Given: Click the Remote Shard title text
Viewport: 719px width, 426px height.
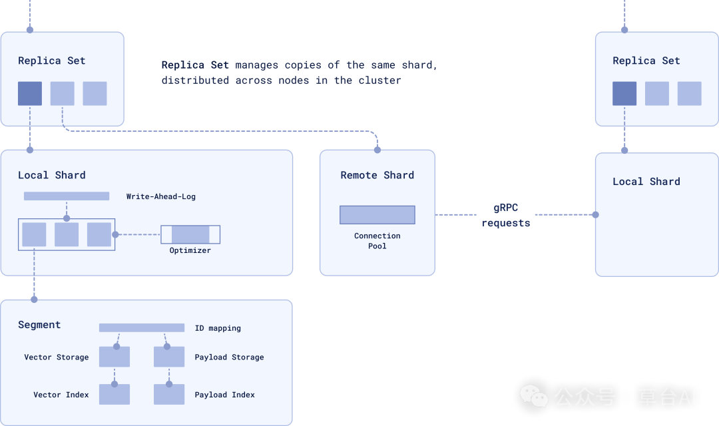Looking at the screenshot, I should click(x=377, y=175).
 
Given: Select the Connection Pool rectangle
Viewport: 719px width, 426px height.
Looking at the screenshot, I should click(x=377, y=214).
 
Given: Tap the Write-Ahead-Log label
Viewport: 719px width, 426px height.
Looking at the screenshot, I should click(x=161, y=196).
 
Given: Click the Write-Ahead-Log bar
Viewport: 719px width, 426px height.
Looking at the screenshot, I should click(x=67, y=196).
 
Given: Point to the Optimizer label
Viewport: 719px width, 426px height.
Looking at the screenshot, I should click(x=190, y=250).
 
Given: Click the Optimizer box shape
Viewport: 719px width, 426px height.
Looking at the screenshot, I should click(x=190, y=234).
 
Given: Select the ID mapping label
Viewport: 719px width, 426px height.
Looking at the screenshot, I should click(x=218, y=328).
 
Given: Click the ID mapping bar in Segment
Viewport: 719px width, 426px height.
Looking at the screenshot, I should click(x=142, y=327).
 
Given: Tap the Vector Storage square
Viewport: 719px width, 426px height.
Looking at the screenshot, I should click(x=115, y=357).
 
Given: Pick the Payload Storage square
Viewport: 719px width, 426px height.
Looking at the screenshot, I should click(x=169, y=357).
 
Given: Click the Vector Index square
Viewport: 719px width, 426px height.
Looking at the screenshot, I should click(x=115, y=394).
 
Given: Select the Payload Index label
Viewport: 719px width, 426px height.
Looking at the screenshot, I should click(x=224, y=395).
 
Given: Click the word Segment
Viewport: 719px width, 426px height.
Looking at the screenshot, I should click(x=39, y=325).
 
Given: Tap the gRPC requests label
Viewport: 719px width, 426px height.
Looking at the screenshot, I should click(x=506, y=216).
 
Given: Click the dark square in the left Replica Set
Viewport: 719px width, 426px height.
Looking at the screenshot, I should click(x=30, y=94).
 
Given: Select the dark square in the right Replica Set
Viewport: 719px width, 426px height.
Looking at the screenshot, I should click(x=624, y=94).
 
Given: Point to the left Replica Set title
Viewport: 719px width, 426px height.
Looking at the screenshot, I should click(x=52, y=61).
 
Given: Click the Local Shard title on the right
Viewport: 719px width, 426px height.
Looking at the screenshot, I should click(x=646, y=181).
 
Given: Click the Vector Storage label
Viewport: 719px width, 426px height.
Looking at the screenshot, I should click(x=57, y=357).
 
